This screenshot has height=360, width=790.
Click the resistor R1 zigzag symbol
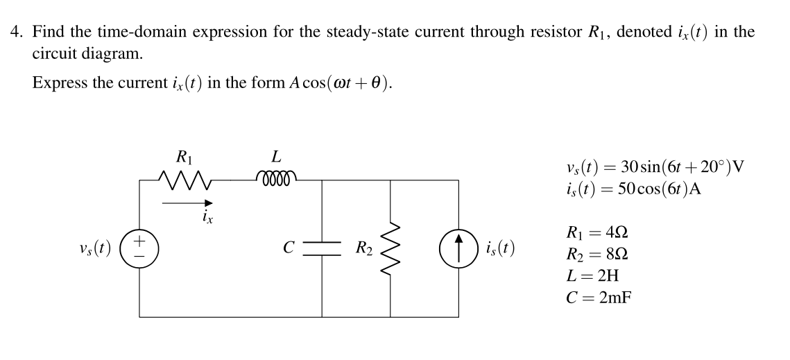pyautogui.click(x=184, y=182)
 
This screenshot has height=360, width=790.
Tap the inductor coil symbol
pyautogui.click(x=276, y=178)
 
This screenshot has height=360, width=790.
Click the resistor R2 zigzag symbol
pyautogui.click(x=390, y=248)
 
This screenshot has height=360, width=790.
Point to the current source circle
pyautogui.click(x=458, y=248)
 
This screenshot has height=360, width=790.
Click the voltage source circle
pyautogui.click(x=139, y=248)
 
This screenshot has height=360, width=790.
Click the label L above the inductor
pyautogui.click(x=276, y=157)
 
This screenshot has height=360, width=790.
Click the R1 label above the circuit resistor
pyautogui.click(x=184, y=157)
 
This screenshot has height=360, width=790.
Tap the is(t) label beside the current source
pyautogui.click(x=499, y=248)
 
